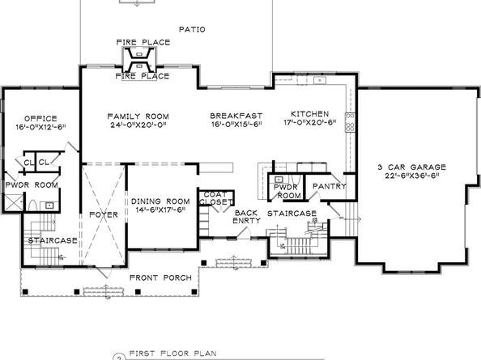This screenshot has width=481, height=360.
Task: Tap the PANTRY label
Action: pos(330,187)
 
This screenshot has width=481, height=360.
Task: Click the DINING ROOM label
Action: pos(160,201)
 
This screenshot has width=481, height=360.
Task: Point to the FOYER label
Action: pos(104,214)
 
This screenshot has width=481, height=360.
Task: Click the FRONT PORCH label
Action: pos(161,278)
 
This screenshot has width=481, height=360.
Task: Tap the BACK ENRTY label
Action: pos(246,216)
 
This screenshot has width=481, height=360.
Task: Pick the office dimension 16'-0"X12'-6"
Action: pos(41,127)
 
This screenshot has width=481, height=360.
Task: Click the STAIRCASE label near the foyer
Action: pos(52,240)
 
